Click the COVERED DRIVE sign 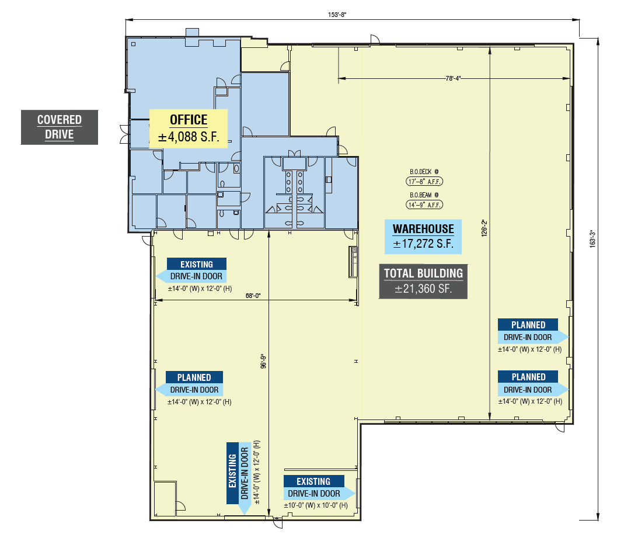coord(60,127)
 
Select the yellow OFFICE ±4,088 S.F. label coord(189,129)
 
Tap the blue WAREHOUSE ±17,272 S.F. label coord(423,237)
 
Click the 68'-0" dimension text coord(253,296)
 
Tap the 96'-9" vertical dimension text coord(264,362)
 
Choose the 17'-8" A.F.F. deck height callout coord(424,182)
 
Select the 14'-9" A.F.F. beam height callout coord(424,204)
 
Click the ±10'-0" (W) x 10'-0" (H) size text coord(316,505)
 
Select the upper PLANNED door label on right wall coord(532,331)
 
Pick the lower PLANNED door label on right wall coord(532,383)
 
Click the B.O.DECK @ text coord(424,172)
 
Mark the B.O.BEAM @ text coord(424,195)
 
